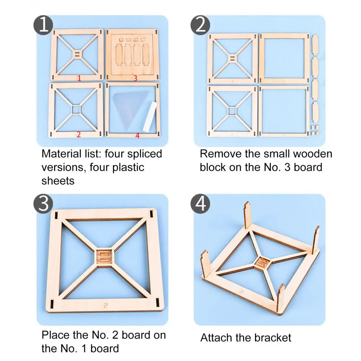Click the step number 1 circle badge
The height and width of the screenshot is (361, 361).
point(43,25)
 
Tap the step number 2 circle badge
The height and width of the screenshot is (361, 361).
point(200,25)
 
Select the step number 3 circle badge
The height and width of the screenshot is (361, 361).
point(43,204)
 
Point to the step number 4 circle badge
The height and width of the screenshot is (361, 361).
point(200,204)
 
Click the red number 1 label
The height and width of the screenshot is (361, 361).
point(79,78)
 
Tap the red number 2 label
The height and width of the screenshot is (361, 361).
point(79,135)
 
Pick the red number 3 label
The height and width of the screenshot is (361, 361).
point(135,78)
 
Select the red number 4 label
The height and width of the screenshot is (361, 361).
point(137,136)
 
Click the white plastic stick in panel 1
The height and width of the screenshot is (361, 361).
point(150,116)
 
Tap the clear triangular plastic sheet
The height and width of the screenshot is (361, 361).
point(130,108)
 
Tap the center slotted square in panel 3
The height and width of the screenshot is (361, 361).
point(105,257)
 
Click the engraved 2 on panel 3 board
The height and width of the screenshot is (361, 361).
point(105,305)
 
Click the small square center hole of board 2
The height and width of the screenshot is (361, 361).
point(76,110)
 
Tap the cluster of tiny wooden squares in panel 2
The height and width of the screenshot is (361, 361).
point(315,130)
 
